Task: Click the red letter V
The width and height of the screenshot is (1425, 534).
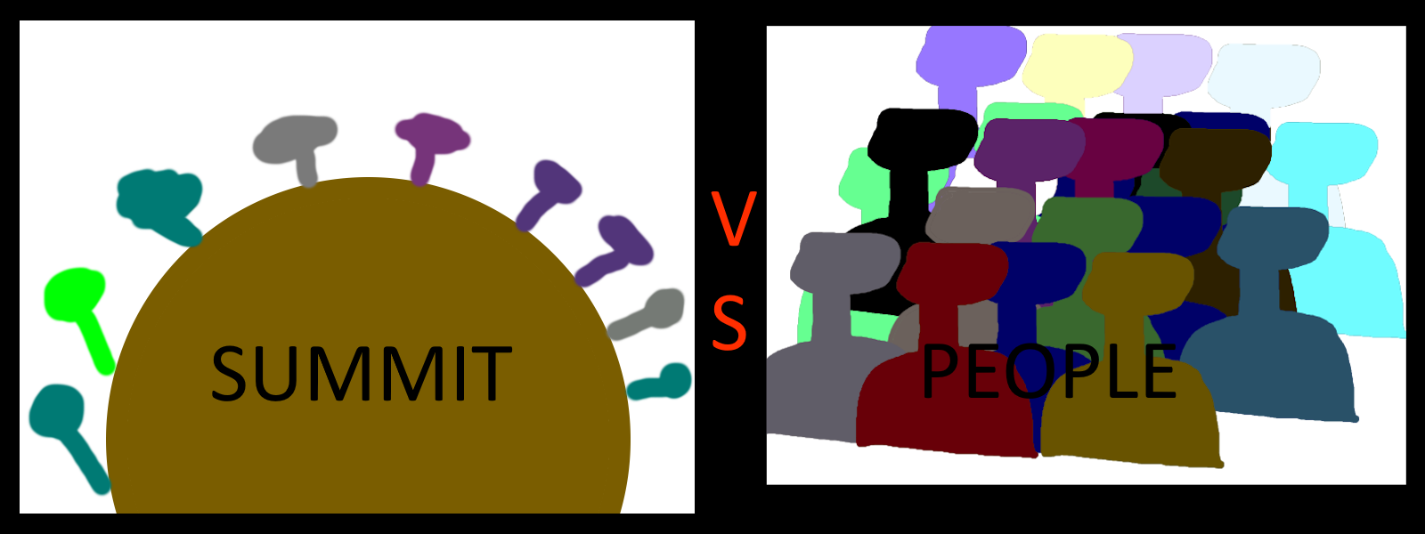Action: click(x=733, y=218)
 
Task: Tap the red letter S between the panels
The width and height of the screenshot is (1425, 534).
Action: click(x=729, y=322)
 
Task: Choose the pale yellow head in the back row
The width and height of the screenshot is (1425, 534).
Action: click(x=1077, y=67)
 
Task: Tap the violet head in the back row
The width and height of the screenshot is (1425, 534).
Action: click(x=970, y=55)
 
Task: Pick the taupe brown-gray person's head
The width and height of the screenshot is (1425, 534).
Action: click(x=980, y=216)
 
